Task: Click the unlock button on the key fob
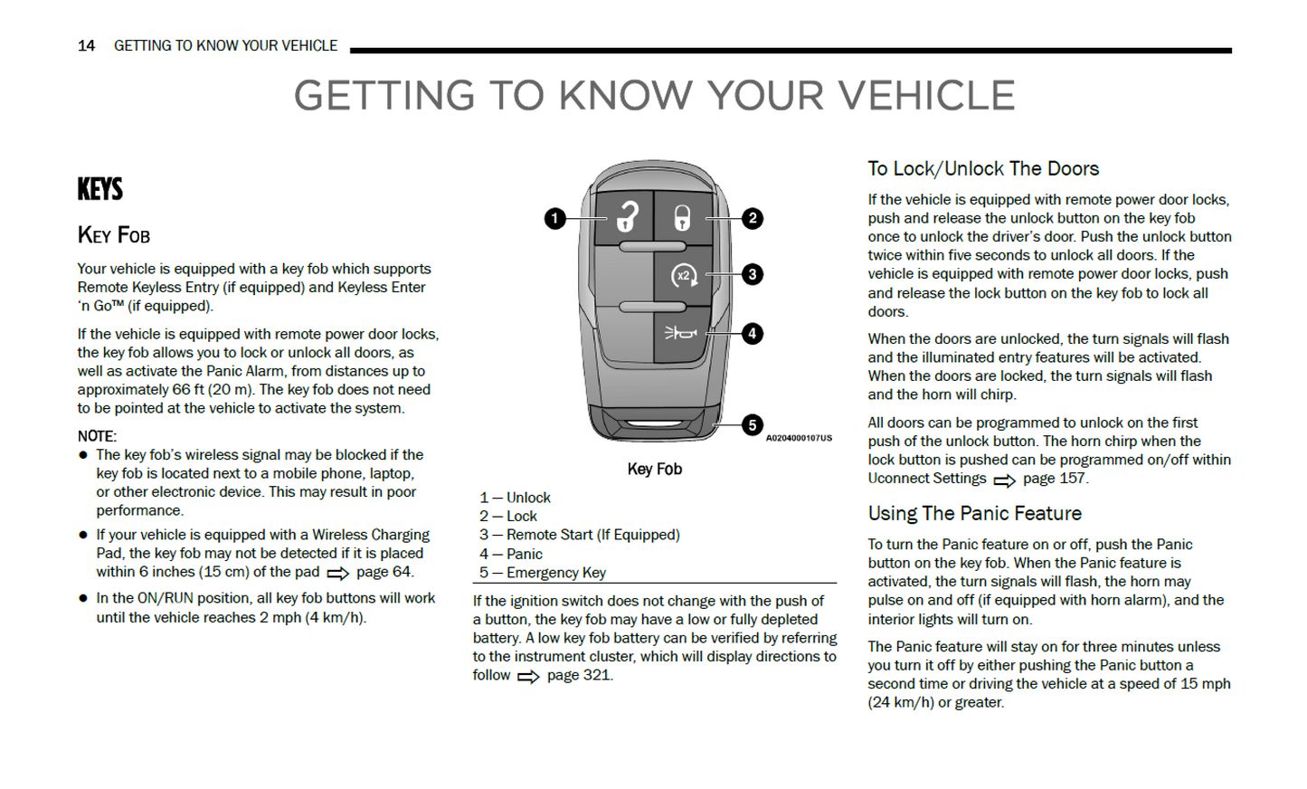626,217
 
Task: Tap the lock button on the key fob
682,217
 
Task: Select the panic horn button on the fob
681,334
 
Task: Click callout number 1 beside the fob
555,218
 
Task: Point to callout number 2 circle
752,218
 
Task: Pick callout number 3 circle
752,274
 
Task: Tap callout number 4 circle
752,334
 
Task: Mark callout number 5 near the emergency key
752,425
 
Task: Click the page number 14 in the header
86,45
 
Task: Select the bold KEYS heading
99,189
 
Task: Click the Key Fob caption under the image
654,469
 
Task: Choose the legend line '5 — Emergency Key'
543,573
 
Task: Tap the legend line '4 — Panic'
511,554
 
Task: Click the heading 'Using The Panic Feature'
974,513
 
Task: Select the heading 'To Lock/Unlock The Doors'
983,168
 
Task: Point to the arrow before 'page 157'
1004,480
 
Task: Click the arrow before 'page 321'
528,677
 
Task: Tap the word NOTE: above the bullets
97,436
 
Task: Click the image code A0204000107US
799,438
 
